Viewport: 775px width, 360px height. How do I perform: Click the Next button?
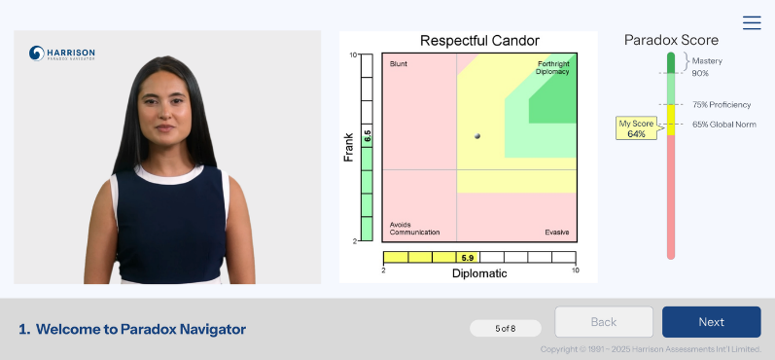(711, 322)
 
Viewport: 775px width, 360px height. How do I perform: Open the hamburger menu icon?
(752, 22)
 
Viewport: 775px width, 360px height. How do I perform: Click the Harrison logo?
(62, 54)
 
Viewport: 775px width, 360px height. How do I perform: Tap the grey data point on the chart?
(477, 136)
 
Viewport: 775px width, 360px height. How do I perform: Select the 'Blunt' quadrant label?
(399, 64)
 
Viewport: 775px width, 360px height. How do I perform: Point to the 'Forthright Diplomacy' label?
(553, 68)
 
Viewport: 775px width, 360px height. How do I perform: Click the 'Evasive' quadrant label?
(557, 232)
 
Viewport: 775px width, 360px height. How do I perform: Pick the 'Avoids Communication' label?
(414, 229)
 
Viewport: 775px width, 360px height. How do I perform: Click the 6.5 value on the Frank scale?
(368, 136)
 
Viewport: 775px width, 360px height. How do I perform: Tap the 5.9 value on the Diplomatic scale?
(467, 258)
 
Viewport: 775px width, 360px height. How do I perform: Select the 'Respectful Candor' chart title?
(479, 41)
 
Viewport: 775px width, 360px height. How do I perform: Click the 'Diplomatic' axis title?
(479, 273)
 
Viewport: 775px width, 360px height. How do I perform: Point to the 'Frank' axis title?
(348, 147)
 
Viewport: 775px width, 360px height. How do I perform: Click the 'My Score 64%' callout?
(637, 128)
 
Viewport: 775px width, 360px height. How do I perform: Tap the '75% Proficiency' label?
(722, 105)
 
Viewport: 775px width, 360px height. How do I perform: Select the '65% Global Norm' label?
(724, 125)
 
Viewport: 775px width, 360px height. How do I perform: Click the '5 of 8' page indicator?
(505, 328)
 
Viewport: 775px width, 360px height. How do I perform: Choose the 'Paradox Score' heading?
(671, 40)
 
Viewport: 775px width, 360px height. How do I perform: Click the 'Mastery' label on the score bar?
(707, 61)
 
